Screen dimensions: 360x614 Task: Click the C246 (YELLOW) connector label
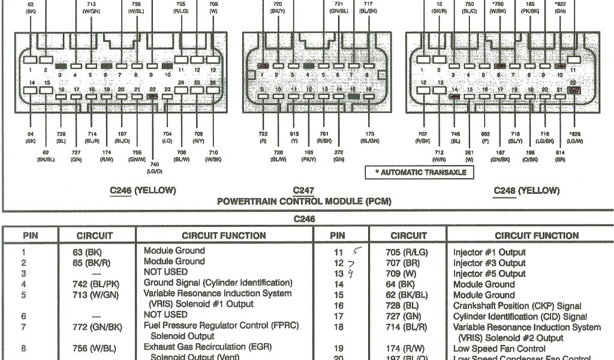click(143, 191)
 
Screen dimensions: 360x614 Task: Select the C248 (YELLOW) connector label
click(526, 191)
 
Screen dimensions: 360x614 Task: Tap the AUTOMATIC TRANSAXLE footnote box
click(420, 172)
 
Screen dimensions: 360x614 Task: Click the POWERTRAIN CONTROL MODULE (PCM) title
click(304, 202)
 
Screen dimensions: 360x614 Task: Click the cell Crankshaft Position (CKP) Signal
click(517, 306)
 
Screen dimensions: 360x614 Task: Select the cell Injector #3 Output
click(489, 263)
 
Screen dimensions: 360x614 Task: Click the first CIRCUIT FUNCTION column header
click(224, 236)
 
